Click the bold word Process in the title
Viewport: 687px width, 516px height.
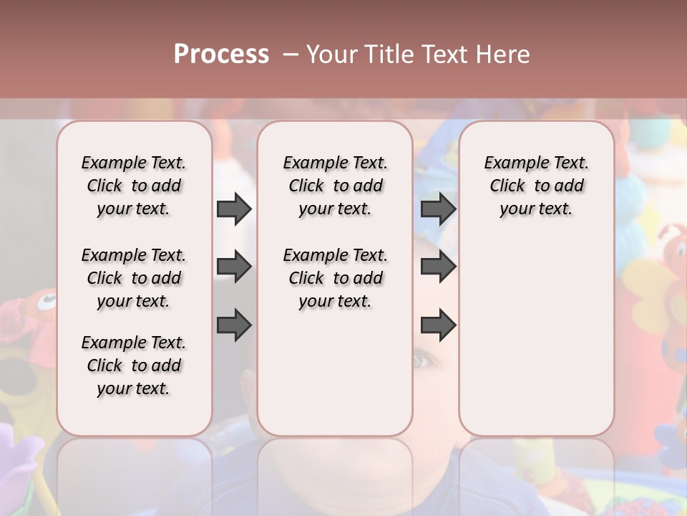coord(221,54)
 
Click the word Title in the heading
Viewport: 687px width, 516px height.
coord(389,54)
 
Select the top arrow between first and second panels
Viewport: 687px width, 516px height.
coord(234,209)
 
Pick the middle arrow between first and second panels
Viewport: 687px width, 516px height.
coord(234,267)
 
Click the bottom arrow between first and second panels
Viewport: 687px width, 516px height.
coord(234,325)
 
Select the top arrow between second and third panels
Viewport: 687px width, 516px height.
coord(438,209)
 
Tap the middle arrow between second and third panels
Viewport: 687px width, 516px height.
coord(438,267)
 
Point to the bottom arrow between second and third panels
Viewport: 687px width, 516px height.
coord(438,325)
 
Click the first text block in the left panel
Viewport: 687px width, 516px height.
coord(134,186)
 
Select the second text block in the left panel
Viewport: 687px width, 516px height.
coord(134,278)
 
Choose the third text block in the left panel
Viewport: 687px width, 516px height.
coord(134,365)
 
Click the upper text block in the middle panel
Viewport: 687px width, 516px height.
coord(335,186)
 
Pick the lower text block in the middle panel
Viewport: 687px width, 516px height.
coord(335,278)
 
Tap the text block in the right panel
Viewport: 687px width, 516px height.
coord(536,186)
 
